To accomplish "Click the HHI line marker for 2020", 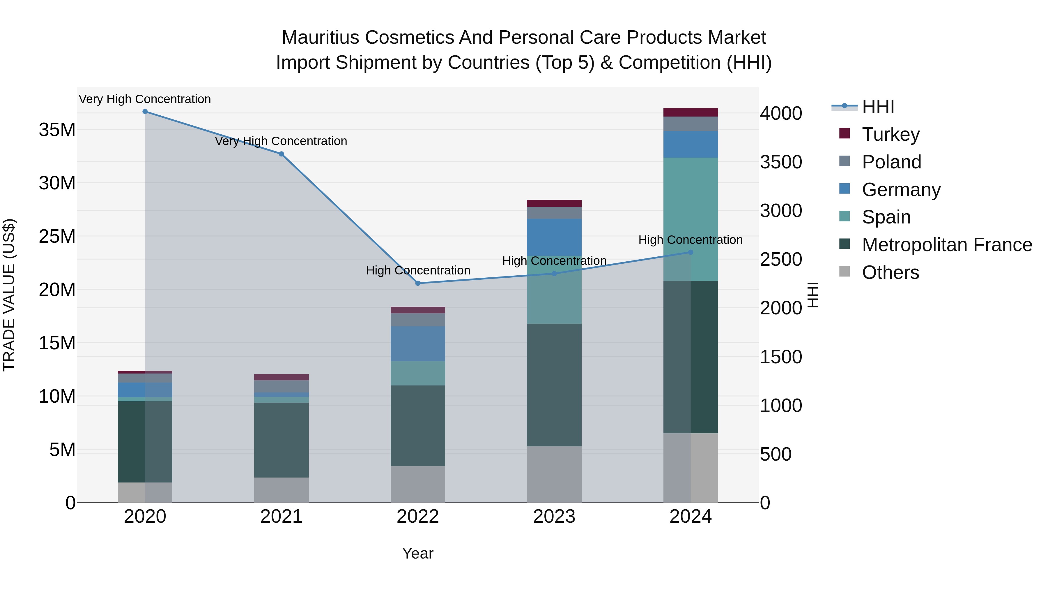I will (x=145, y=112).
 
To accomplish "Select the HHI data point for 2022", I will (x=418, y=283).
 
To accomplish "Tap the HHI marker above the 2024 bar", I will (x=691, y=252).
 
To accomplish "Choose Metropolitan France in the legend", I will (x=947, y=245).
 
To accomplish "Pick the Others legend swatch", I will (x=845, y=272).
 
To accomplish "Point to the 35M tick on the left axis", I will (x=57, y=130).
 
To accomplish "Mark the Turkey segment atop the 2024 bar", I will (x=691, y=112).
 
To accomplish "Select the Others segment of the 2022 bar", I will (x=418, y=485).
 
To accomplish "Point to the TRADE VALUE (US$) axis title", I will (x=9, y=295).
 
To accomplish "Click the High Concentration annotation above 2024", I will (x=691, y=240).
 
